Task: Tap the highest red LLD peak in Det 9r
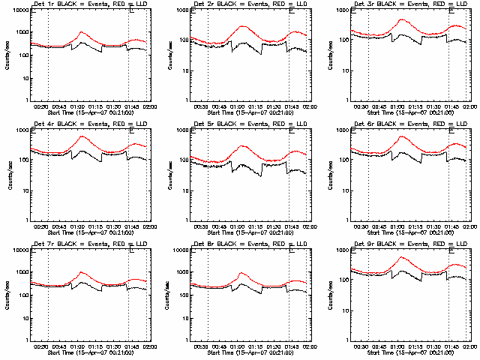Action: tap(403, 257)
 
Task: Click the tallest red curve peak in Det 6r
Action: tap(403, 136)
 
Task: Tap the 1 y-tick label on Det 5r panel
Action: tap(184, 220)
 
